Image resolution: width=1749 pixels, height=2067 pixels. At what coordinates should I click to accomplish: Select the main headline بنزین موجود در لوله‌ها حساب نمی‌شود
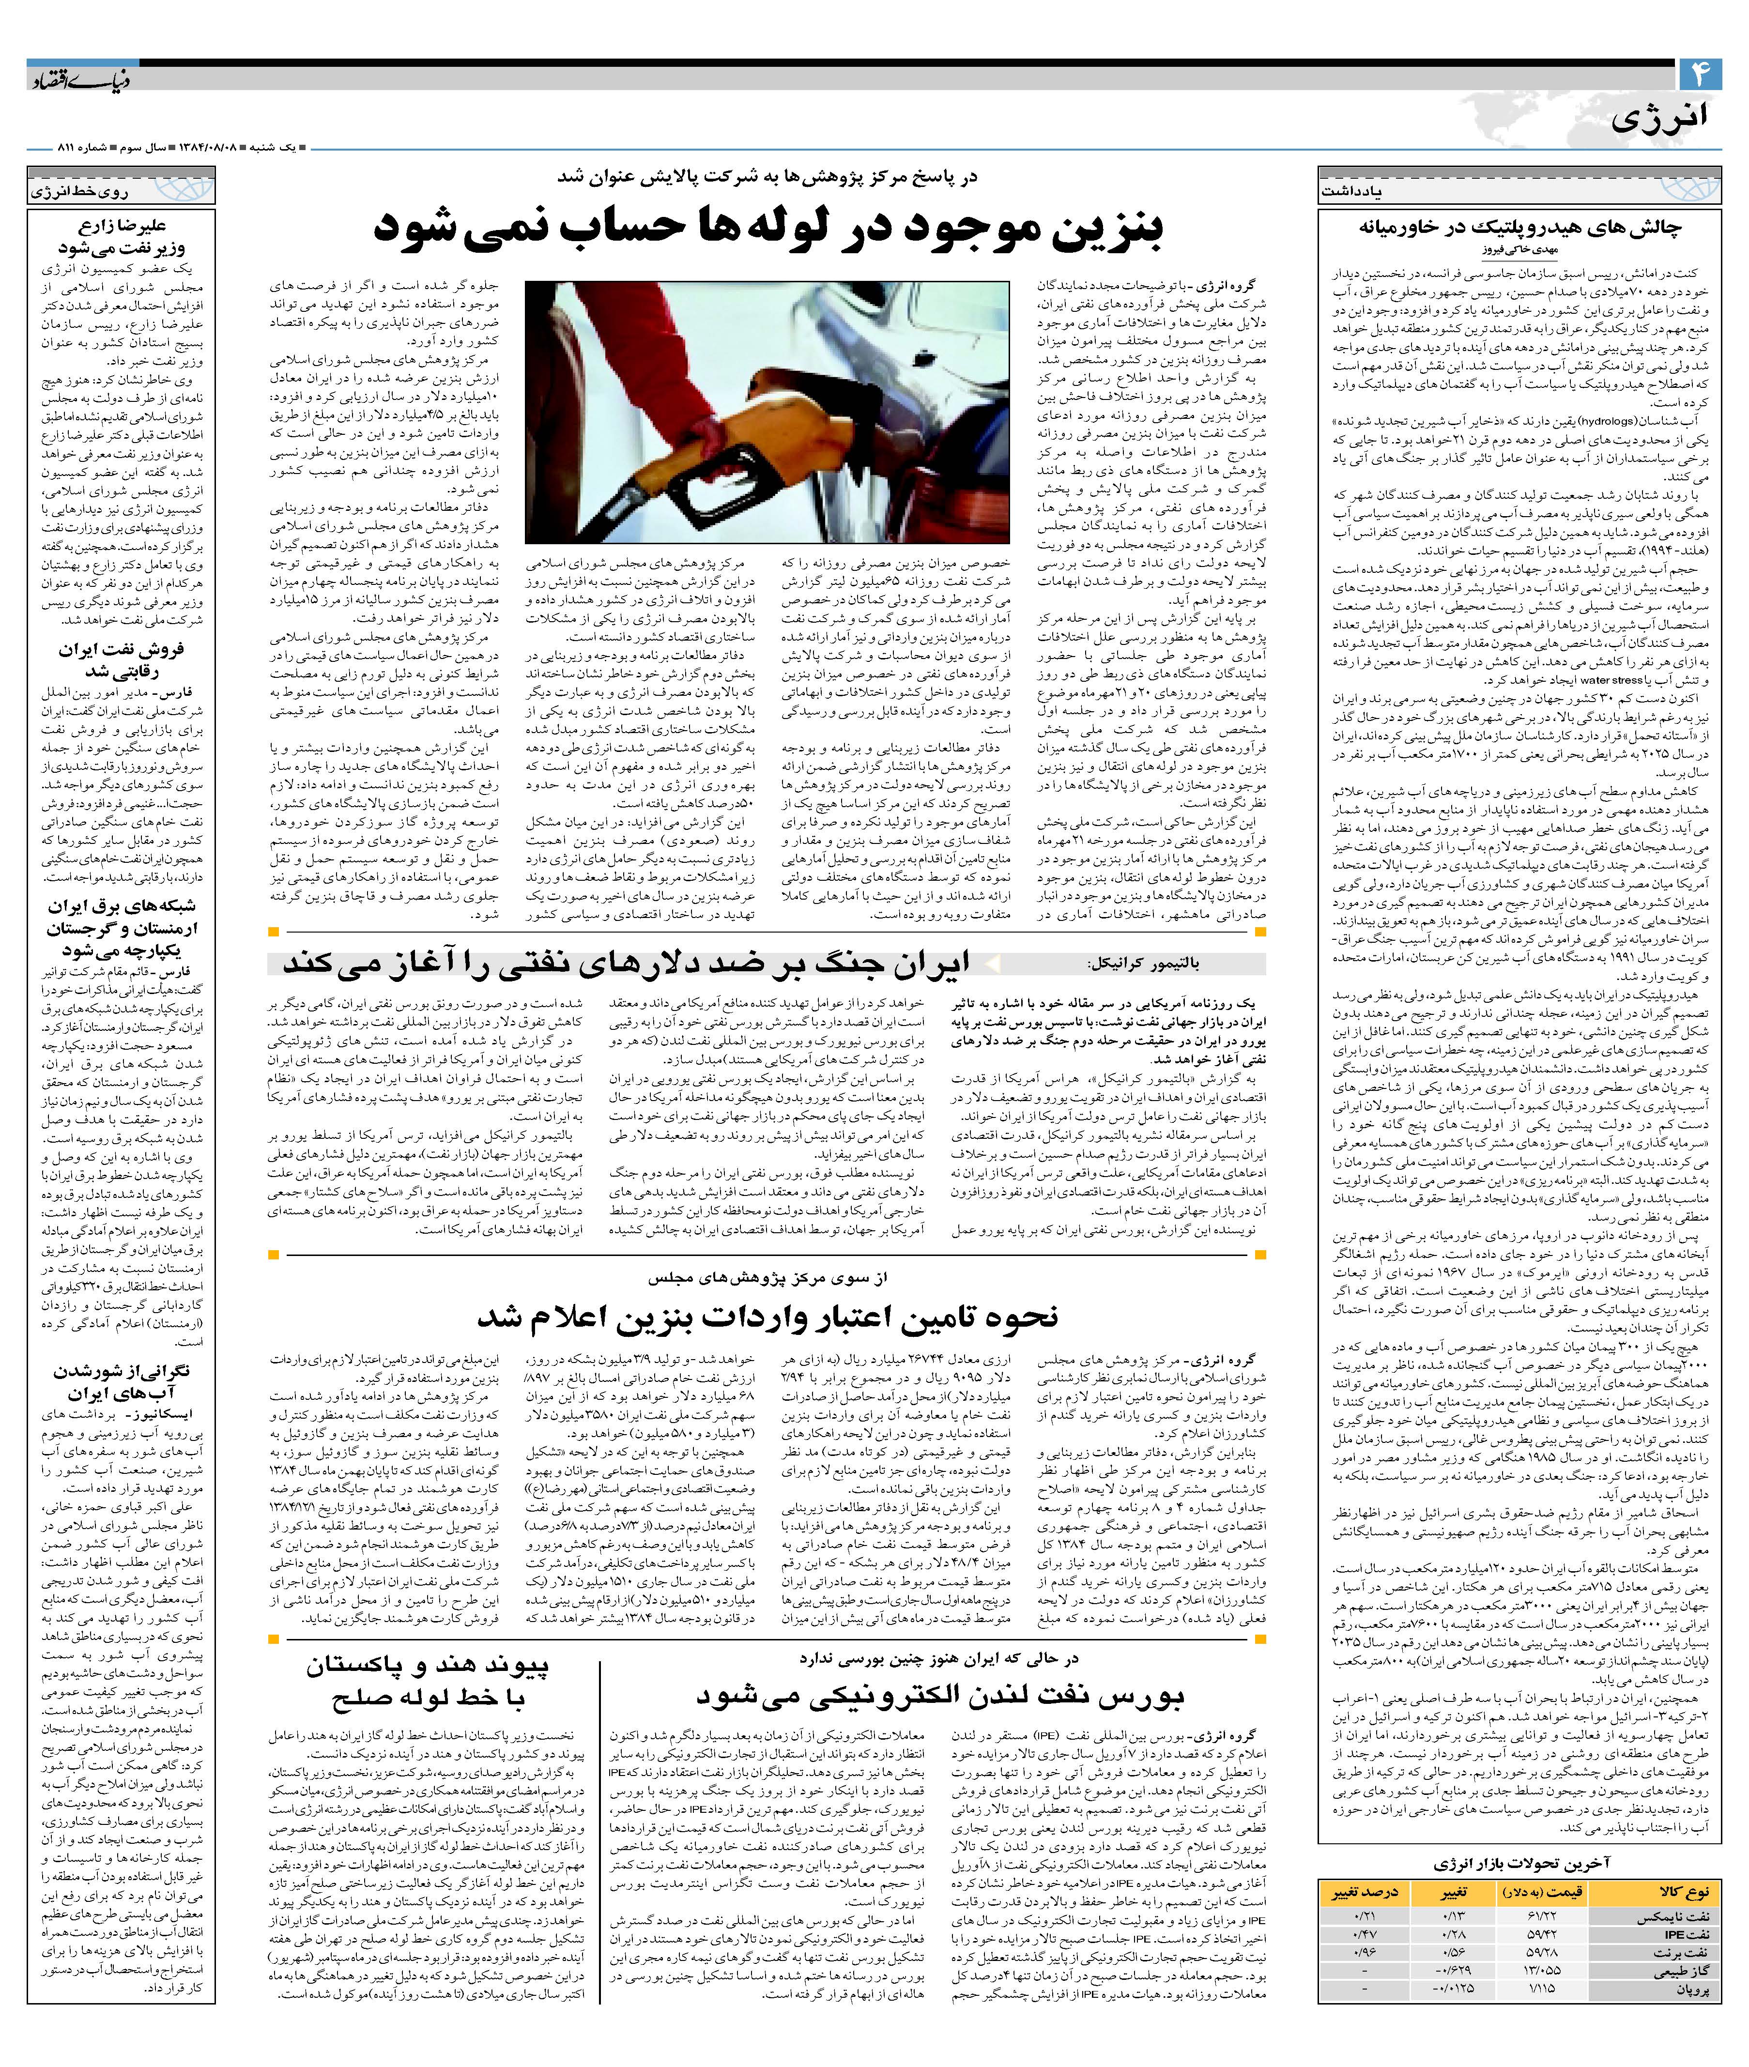point(768,227)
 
